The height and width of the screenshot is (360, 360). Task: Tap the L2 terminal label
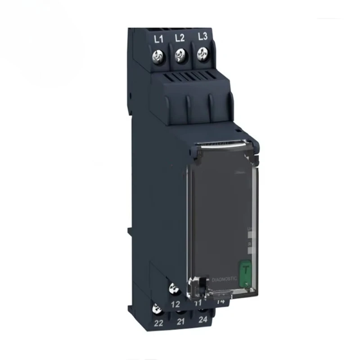[x=179, y=38]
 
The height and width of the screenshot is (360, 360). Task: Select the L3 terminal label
[x=202, y=37]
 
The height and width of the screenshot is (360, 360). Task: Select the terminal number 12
[x=176, y=304]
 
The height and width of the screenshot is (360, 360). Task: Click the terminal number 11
[x=198, y=303]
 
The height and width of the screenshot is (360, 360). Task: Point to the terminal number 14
[x=220, y=302]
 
